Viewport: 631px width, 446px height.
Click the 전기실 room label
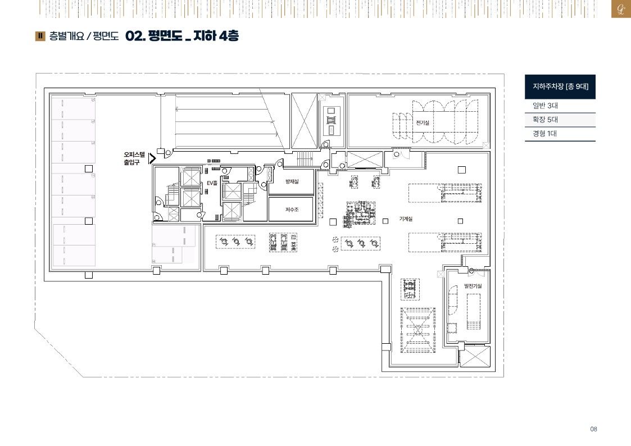point(423,123)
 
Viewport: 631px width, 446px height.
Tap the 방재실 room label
point(292,182)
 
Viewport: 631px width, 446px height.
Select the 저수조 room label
point(292,210)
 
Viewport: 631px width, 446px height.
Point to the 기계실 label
point(406,219)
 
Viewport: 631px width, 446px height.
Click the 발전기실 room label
point(473,286)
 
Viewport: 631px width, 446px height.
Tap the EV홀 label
point(212,183)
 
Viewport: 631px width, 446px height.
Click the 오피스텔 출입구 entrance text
point(134,158)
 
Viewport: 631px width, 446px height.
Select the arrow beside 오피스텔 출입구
point(152,158)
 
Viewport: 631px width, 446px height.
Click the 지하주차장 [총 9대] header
point(560,87)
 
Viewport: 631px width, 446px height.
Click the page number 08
point(593,429)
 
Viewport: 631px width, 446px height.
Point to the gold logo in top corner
point(621,9)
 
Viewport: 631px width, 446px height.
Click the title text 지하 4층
point(216,36)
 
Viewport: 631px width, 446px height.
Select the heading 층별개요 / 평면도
point(84,36)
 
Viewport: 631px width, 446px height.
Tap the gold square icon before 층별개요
point(40,36)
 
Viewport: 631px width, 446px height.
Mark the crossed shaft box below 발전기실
point(475,356)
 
